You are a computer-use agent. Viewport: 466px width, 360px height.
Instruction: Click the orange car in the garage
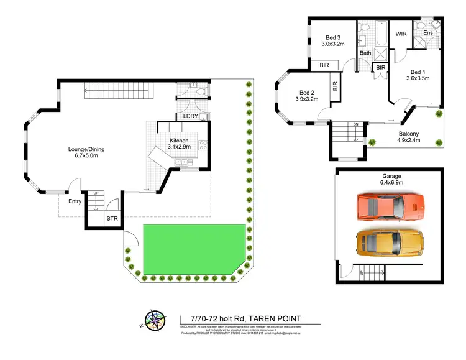pos(391,207)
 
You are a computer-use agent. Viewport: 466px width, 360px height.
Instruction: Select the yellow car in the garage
pos(390,242)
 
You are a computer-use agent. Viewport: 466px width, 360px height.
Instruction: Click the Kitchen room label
pos(179,141)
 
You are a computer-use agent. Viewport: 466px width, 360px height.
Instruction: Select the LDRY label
pos(190,116)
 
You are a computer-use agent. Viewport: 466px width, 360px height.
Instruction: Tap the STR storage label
pos(112,219)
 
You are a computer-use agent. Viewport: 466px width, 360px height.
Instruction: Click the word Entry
pos(75,201)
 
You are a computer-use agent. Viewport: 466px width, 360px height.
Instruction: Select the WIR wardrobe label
pos(401,34)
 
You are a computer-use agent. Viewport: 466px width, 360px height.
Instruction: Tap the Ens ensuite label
pos(428,32)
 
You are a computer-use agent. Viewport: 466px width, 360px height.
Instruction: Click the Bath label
pos(365,53)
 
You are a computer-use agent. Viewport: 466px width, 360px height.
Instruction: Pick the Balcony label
pos(409,134)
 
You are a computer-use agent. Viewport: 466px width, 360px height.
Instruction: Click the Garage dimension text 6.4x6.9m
pos(392,183)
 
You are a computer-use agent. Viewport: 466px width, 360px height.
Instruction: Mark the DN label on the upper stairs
pos(355,124)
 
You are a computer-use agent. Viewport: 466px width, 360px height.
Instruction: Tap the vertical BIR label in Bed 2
pos(335,86)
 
